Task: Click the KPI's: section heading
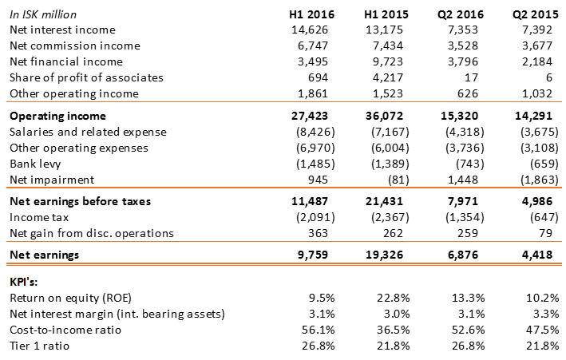click(x=26, y=282)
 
